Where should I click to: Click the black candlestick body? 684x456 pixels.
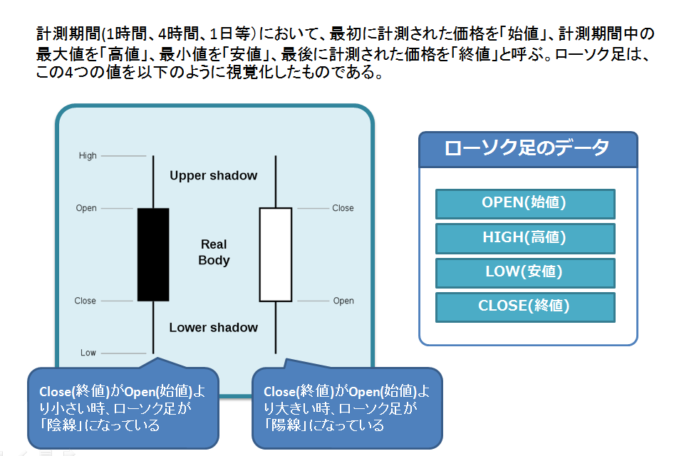(x=153, y=254)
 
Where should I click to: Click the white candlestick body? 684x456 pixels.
(x=276, y=254)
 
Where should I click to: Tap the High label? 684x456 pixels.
(x=88, y=156)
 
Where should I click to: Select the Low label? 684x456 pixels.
(x=88, y=353)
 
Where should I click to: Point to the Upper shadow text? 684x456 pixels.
(x=213, y=175)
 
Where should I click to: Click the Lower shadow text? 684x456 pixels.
(x=213, y=327)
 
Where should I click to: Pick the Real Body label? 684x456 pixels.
(x=214, y=252)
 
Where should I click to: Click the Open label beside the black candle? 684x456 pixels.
(x=86, y=208)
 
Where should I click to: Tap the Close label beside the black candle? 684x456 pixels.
(x=85, y=301)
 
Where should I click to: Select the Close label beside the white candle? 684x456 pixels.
(x=343, y=208)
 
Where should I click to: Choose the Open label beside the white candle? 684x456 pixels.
(x=343, y=301)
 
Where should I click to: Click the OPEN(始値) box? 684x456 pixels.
(x=525, y=204)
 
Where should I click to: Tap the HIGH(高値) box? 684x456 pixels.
(x=525, y=238)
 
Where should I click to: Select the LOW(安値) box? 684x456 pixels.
(x=525, y=273)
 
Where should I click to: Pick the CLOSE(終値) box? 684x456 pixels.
(x=525, y=307)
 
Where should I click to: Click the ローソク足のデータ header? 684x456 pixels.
(x=528, y=149)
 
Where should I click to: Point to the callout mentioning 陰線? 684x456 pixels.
(x=123, y=408)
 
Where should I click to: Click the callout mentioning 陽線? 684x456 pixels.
(x=347, y=408)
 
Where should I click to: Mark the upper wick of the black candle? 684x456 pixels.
(x=153, y=182)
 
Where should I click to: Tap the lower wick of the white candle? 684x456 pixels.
(x=276, y=327)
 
